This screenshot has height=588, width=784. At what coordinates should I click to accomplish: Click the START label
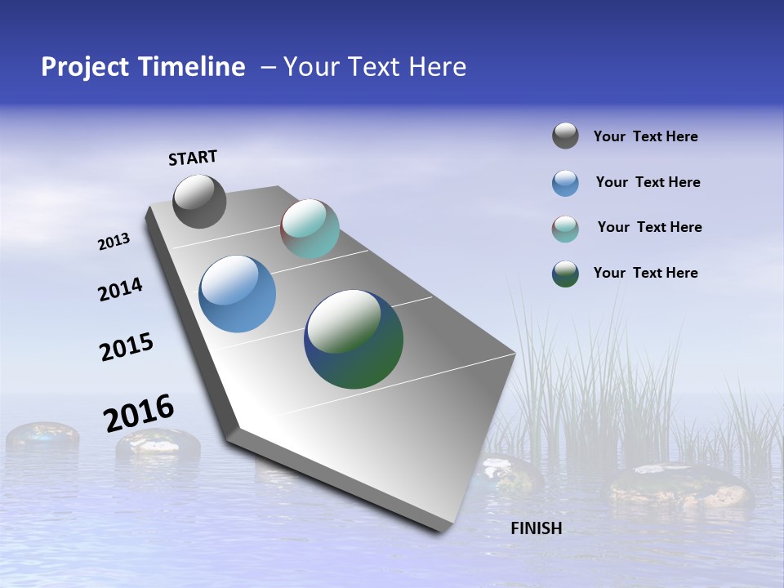pos(193,158)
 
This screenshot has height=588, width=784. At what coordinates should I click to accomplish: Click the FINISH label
pos(536,528)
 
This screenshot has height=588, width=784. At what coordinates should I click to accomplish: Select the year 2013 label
pos(114,242)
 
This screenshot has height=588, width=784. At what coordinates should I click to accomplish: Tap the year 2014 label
pos(120,289)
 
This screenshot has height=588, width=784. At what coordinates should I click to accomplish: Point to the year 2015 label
pos(127,346)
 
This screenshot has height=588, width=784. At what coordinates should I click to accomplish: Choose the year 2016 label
pos(139,413)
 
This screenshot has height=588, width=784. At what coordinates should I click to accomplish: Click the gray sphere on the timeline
pos(199,202)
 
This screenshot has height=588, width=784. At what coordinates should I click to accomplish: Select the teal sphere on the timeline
pos(310,229)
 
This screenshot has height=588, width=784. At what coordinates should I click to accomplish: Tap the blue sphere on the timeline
pos(238,294)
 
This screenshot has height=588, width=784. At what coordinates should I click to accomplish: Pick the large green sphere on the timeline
pos(354,339)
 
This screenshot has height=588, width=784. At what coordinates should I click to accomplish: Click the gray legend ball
pos(565,136)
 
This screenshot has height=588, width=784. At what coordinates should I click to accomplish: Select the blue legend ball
pos(565,183)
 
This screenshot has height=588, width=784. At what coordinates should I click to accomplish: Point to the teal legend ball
pos(565,229)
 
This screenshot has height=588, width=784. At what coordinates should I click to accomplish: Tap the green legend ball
pos(565,274)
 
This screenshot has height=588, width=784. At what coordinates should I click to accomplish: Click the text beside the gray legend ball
pos(645,136)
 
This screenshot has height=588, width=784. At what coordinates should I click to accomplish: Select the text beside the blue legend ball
pos(648,182)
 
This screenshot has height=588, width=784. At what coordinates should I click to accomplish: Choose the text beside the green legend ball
pos(645,273)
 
